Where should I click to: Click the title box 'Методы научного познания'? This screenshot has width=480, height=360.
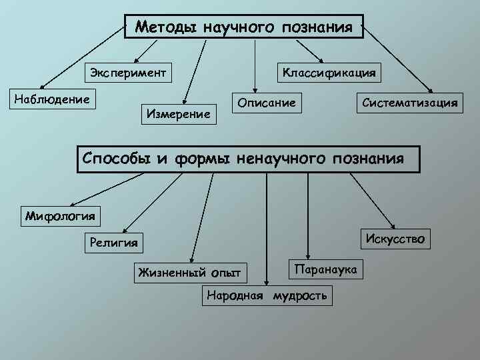[244, 28]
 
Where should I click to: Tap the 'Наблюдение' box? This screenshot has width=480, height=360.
[52, 99]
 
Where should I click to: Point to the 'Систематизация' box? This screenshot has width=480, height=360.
[409, 102]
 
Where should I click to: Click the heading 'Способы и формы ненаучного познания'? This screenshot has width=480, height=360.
[249, 158]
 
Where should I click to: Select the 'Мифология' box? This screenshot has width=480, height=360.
[60, 215]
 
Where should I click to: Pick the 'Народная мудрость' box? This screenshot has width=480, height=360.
[267, 295]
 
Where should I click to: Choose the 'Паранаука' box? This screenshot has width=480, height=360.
[325, 267]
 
